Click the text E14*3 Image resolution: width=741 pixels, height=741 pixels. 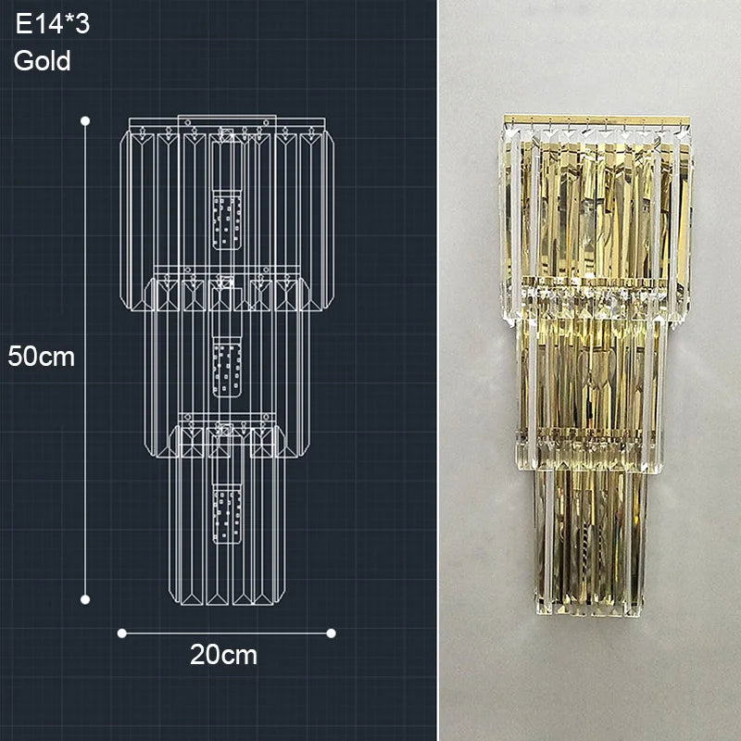(52, 26)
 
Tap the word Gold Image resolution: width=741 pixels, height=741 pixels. (43, 62)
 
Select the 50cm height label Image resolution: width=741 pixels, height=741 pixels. (41, 356)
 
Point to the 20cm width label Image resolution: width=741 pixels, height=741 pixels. (223, 655)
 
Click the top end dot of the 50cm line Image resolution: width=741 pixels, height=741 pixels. (85, 120)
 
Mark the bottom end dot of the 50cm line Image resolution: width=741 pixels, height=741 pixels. (85, 599)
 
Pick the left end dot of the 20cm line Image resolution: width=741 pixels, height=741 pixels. (121, 633)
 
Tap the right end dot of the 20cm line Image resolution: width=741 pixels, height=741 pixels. (331, 633)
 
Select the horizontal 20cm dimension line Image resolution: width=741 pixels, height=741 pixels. (226, 633)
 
